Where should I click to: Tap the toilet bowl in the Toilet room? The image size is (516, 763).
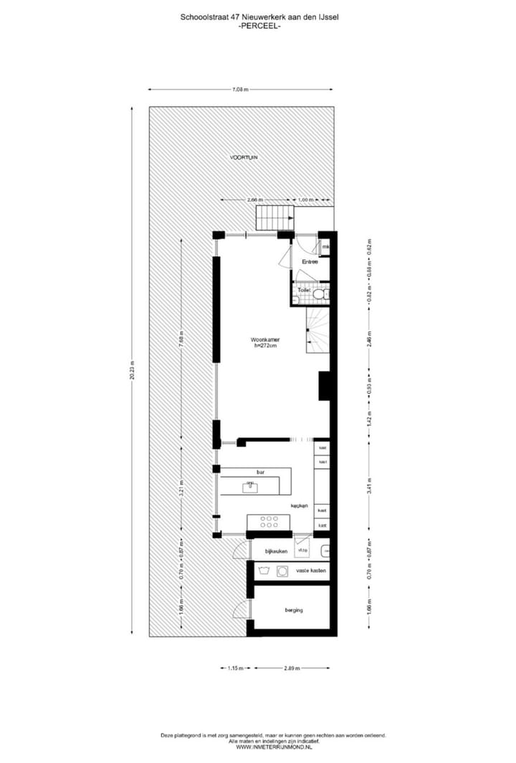click(x=324, y=293)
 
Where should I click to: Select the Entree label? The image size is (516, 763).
click(x=310, y=262)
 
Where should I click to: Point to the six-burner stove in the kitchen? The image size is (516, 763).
click(x=268, y=521)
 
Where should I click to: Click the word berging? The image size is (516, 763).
click(x=293, y=610)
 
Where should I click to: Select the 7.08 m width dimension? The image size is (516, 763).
click(x=240, y=89)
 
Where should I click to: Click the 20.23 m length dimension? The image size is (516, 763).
click(x=133, y=371)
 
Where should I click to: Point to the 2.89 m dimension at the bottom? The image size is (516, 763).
click(x=292, y=669)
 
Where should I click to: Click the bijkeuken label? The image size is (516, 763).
click(x=276, y=551)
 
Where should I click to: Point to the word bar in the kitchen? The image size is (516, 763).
click(x=260, y=472)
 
